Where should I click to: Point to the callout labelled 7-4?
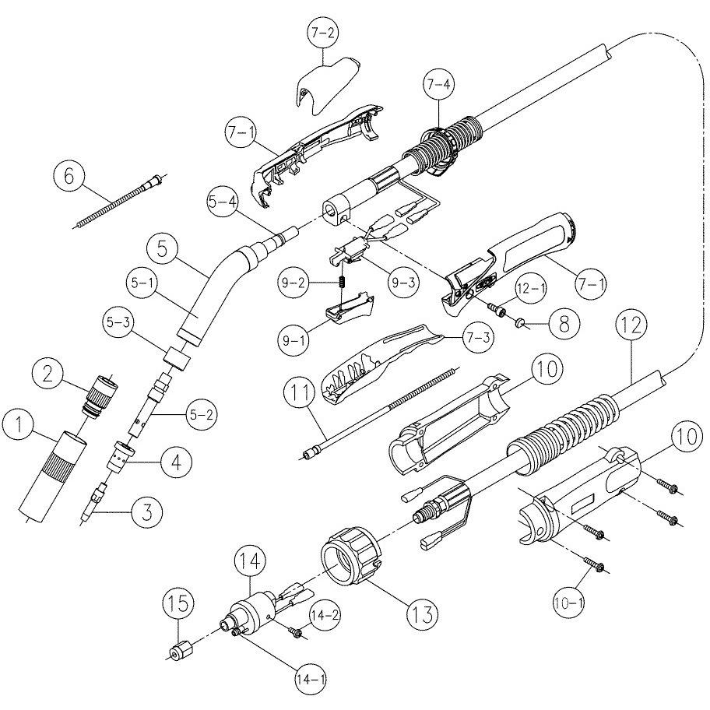(437, 84)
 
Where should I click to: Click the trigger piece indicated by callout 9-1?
(346, 311)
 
